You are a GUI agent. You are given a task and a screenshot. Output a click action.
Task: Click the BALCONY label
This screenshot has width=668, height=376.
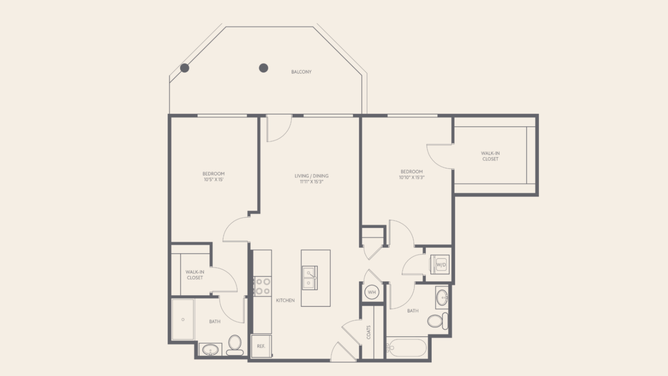[301, 72]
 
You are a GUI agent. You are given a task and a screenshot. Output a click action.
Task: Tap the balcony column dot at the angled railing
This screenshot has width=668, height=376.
[185, 68]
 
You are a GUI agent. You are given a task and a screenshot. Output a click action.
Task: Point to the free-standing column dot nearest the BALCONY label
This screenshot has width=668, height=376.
[263, 68]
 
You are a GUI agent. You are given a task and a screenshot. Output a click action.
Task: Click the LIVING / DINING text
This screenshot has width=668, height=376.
[311, 176]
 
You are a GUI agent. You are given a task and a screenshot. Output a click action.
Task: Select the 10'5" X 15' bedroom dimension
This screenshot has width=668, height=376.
[213, 180]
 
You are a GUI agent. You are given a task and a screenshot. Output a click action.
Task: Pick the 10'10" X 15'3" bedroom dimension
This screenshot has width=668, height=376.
[412, 178]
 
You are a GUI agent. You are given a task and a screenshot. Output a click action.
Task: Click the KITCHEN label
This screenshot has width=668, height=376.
[285, 300]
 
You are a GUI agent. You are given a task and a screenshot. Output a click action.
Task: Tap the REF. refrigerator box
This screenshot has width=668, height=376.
[261, 346]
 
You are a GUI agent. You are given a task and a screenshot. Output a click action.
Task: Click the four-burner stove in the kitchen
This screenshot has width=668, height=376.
[263, 286]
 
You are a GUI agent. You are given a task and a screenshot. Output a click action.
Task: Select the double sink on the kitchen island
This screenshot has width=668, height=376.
[310, 278]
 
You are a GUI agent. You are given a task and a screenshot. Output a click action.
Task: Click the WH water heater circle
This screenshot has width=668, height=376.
[372, 292]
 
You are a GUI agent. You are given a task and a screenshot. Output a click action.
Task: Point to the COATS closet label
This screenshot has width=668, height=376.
[369, 332]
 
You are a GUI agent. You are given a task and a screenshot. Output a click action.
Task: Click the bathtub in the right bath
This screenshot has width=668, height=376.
[407, 347]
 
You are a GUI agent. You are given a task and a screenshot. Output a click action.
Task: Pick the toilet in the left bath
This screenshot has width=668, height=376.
[235, 345]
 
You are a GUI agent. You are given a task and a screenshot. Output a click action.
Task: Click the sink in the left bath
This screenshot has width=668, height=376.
[210, 349]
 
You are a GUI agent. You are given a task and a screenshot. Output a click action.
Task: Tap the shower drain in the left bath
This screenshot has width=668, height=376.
[183, 320]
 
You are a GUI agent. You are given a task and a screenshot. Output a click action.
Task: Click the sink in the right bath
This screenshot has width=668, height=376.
[442, 298]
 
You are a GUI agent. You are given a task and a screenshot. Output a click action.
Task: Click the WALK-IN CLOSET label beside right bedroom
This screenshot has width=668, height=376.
[490, 156]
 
